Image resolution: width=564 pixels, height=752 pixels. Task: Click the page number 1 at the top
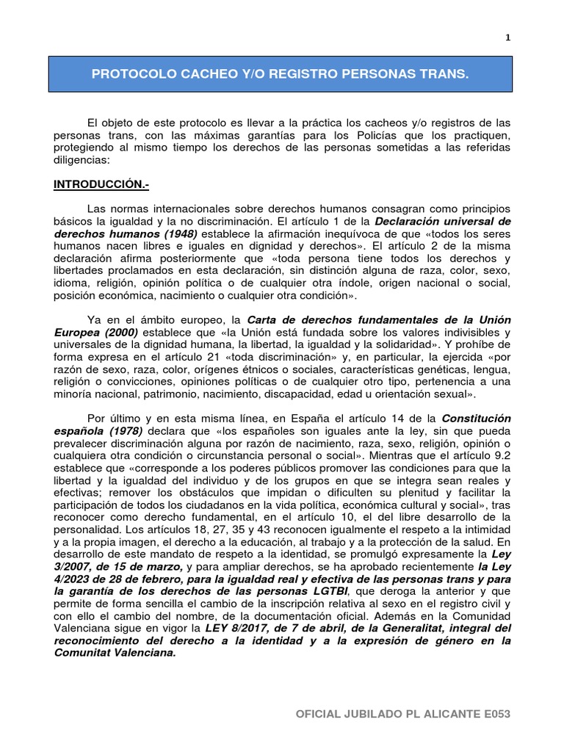tap(507, 39)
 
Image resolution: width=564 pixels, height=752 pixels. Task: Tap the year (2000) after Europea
tap(118, 332)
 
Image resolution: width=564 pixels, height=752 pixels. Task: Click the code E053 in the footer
tap(494, 714)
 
